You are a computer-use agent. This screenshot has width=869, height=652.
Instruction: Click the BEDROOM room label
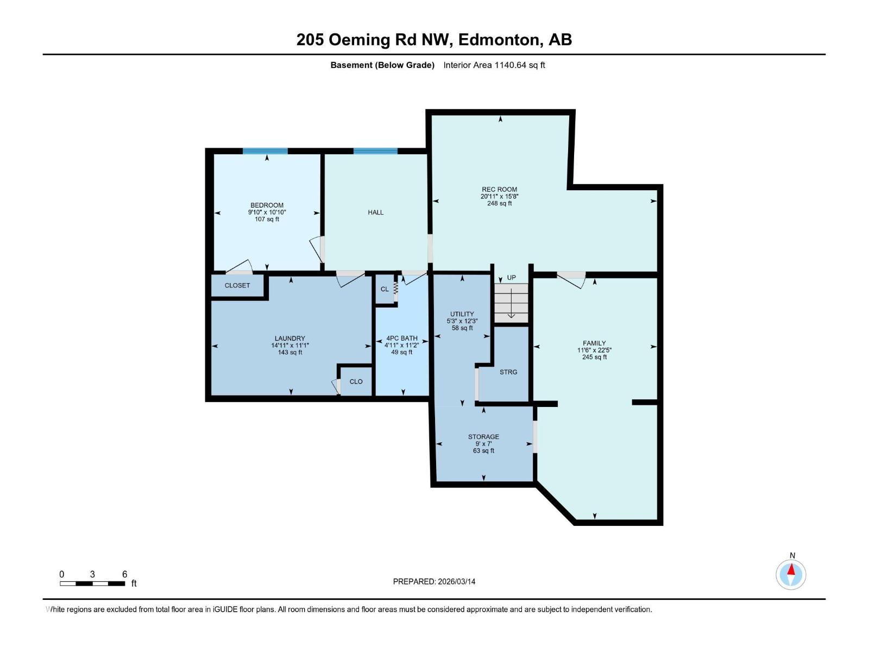click(x=267, y=205)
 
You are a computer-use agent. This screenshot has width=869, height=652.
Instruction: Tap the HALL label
click(x=375, y=212)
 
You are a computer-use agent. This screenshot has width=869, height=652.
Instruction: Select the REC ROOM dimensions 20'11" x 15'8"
click(x=499, y=196)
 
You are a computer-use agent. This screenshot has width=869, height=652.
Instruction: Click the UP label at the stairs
click(x=511, y=278)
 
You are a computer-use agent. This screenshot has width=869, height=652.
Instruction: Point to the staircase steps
click(x=511, y=303)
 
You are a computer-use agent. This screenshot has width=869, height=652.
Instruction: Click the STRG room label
click(x=508, y=372)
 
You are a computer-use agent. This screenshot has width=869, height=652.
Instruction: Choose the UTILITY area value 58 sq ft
click(x=462, y=328)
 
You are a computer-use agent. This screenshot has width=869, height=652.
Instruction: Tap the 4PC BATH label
click(x=402, y=338)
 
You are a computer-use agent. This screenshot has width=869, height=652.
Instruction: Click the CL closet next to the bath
click(x=385, y=289)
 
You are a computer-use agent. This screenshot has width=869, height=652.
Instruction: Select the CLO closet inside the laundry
click(x=356, y=381)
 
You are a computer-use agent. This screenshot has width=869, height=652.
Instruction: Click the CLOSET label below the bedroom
click(x=237, y=285)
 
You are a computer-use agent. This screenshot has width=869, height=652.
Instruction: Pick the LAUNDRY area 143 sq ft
click(x=290, y=352)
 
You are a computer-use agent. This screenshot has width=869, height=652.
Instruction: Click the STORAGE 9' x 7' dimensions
click(x=483, y=444)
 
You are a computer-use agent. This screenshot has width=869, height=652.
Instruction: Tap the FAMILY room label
click(x=594, y=343)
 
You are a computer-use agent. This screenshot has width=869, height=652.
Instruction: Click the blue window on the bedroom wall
click(x=265, y=151)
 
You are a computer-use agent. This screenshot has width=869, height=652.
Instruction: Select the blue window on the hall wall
click(x=375, y=151)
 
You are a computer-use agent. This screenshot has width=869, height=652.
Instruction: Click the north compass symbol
click(x=791, y=574)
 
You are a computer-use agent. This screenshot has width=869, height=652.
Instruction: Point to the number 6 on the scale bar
click(x=124, y=574)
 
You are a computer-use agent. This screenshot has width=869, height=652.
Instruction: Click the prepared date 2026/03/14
click(x=456, y=581)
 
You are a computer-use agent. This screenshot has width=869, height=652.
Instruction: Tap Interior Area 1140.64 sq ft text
click(x=494, y=65)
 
